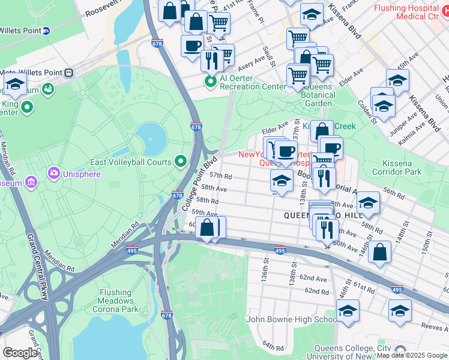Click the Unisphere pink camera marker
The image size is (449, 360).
[x=55, y=174]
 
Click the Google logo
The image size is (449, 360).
[x=20, y=352]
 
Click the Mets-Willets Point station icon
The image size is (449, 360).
[x=70, y=73]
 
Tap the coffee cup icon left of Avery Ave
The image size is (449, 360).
[x=192, y=46]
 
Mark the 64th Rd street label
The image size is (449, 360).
[x=272, y=347]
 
